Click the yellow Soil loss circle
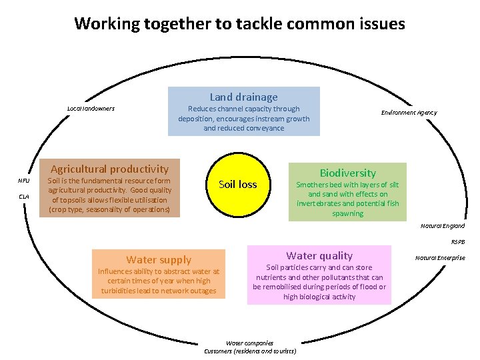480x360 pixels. pos(238,184)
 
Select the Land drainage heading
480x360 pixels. pos(243,97)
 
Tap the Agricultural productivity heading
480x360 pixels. pos(110,169)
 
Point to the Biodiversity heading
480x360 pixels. pos(347,173)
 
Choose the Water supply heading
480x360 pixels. pos(159,260)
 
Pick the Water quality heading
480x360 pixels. pos(319,255)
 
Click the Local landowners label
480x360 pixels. pos(91,109)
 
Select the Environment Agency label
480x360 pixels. pos(409,113)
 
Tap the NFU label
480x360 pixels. pos(24,181)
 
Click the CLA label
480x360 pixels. pos(24,197)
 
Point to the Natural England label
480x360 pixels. pos(443,226)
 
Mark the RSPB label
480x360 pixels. pos(459,242)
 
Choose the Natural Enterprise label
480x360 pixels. pos(440,258)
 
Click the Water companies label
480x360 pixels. pos(249,343)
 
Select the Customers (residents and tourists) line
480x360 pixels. pos(250,351)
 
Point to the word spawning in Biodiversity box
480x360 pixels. pos(347,213)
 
